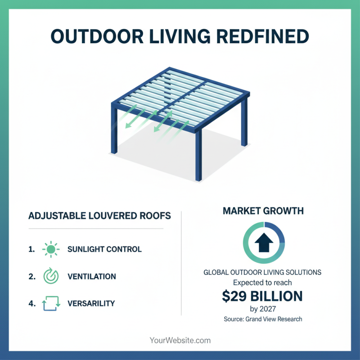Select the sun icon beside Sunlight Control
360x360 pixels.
coord(50,249)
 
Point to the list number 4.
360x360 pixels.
coord(32,304)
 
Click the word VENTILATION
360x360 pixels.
coord(91,276)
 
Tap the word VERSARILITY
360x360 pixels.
coord(91,304)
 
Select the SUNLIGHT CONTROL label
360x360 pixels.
coord(104,249)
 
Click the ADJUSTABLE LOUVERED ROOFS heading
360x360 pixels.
coord(99,216)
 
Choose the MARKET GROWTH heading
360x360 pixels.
coord(263,211)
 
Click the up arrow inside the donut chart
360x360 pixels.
coord(264,243)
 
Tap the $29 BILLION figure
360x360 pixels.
coord(263,297)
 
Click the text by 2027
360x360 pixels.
coord(263,309)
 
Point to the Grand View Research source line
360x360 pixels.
coord(263,319)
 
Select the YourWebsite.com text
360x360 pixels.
coord(180,341)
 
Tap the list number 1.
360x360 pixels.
coord(32,249)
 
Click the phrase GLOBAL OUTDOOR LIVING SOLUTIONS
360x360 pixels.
coord(263,273)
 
